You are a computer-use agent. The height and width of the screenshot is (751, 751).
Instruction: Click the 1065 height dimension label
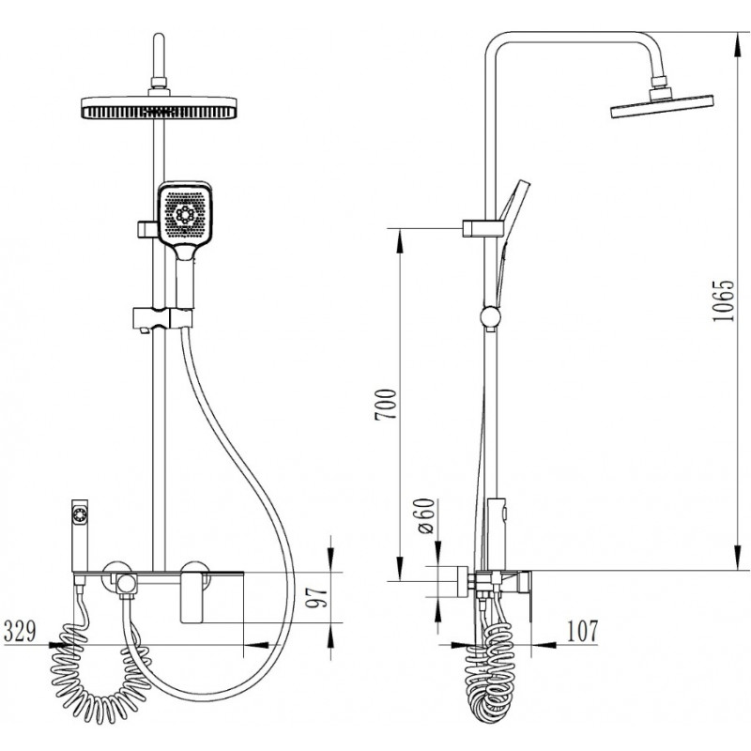(x=723, y=300)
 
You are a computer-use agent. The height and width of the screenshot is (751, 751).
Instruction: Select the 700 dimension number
(x=386, y=405)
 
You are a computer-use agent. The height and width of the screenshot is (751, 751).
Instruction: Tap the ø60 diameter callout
(x=425, y=515)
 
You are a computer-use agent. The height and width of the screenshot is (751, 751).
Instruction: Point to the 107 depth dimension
(x=582, y=631)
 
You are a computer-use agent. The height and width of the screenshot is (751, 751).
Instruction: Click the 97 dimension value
(x=317, y=597)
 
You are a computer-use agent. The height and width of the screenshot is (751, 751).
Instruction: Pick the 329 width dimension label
(x=20, y=631)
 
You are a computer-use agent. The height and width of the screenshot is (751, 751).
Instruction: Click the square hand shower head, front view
(x=185, y=214)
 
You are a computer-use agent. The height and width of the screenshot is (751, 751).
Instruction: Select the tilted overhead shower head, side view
(x=663, y=106)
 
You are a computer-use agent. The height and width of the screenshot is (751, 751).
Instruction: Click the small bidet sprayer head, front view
(x=80, y=513)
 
